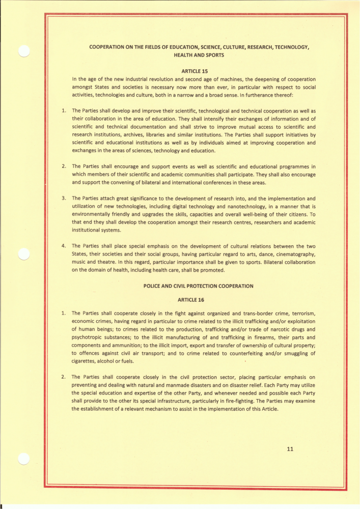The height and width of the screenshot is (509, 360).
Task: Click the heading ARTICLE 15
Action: coord(191,71)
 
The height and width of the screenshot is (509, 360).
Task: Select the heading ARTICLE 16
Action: coord(191,300)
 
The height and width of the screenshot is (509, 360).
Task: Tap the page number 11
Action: coord(291,449)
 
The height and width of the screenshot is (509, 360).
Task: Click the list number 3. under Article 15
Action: coord(64,198)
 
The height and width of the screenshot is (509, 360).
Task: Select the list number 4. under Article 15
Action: coord(64,246)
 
